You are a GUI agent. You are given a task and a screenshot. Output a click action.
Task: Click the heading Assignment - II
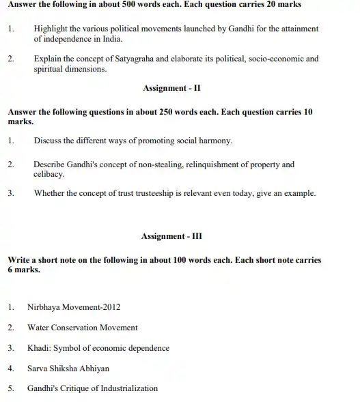[171, 88]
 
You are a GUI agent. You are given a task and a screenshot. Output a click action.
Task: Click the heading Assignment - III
[171, 237]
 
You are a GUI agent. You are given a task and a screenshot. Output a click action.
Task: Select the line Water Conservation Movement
[82, 328]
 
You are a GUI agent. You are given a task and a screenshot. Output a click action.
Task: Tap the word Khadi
[38, 348]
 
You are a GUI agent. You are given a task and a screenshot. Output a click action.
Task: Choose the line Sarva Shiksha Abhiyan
[68, 369]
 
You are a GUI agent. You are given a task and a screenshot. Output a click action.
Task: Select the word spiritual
[49, 69]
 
